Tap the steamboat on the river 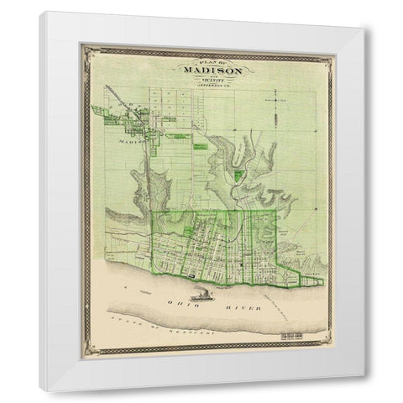tap(202, 295)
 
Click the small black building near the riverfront tap(194, 274)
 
